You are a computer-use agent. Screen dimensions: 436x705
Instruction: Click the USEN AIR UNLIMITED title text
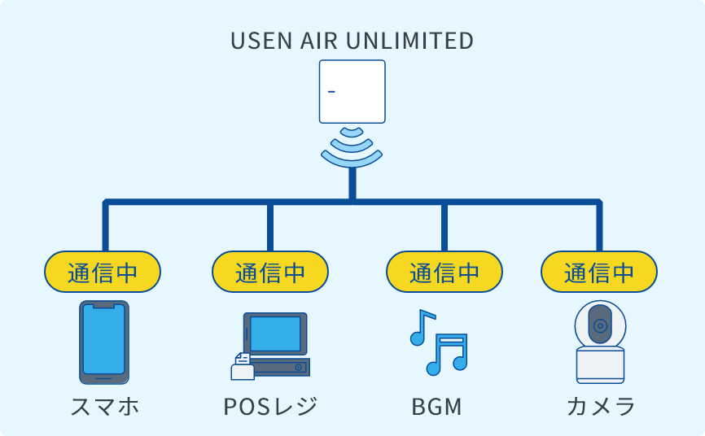point(352,41)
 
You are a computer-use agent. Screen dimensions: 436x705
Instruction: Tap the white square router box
point(352,91)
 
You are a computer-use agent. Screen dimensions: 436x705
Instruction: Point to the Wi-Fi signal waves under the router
point(352,146)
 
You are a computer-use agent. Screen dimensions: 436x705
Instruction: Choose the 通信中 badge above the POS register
point(270,272)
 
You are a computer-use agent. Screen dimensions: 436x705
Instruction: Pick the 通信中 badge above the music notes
point(444,272)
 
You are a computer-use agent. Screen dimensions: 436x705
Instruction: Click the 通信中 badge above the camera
point(599,272)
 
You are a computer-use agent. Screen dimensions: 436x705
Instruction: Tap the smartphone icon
point(103,342)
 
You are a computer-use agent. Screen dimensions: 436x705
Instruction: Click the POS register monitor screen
point(275,333)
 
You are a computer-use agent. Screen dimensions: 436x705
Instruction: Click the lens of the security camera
point(600,326)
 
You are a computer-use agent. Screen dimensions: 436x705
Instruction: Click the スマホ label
point(103,406)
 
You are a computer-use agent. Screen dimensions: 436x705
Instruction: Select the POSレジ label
point(269,406)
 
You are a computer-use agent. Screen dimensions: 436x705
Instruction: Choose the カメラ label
point(600,406)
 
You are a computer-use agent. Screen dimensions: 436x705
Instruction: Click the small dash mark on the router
point(332,91)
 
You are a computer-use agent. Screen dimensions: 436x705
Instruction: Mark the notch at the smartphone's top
point(103,307)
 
